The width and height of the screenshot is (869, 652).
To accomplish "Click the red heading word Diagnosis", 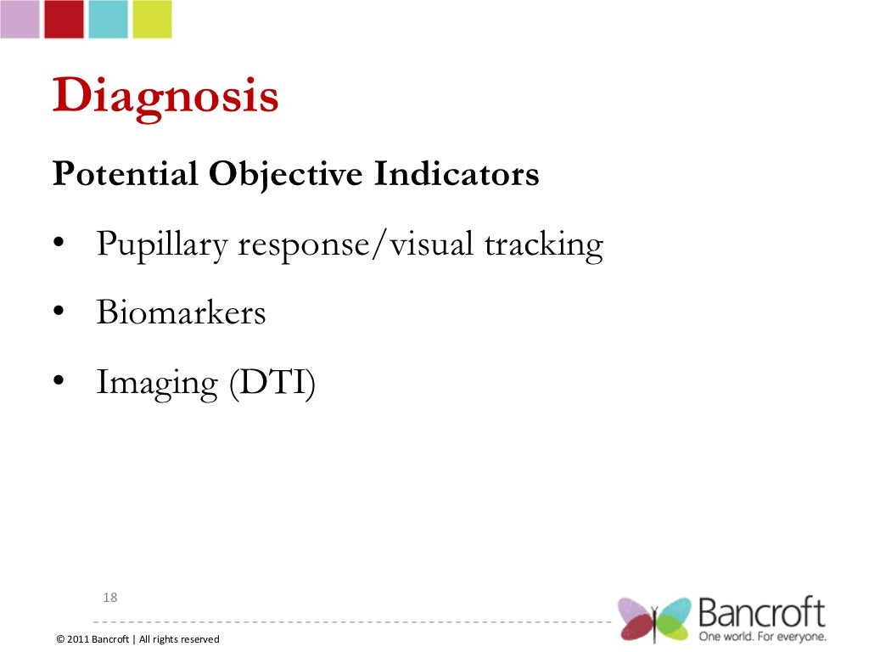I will (x=165, y=97).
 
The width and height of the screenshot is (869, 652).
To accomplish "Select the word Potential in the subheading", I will (x=126, y=174).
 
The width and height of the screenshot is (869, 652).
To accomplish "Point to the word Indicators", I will (x=457, y=174).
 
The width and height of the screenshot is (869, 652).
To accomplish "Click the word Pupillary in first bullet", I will (x=162, y=245).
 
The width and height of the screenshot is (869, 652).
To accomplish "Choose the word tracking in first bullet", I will (x=543, y=245).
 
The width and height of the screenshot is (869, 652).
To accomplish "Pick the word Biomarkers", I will (x=181, y=313).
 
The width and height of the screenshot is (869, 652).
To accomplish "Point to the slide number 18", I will (x=109, y=598).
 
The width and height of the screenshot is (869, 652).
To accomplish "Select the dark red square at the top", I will (x=64, y=19).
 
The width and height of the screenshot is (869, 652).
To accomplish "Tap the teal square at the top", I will (x=108, y=19).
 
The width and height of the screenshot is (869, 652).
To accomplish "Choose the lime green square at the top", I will (x=152, y=19).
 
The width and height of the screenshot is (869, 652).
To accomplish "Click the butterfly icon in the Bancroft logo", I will (x=654, y=619).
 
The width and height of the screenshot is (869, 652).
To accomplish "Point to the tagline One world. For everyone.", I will (x=762, y=636).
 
